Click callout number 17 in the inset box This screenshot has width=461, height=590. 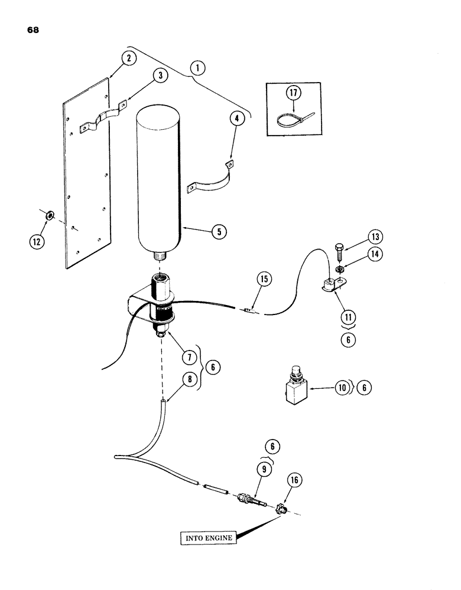click(295, 93)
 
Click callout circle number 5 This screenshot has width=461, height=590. click(219, 232)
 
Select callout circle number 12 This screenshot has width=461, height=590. click(51, 240)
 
